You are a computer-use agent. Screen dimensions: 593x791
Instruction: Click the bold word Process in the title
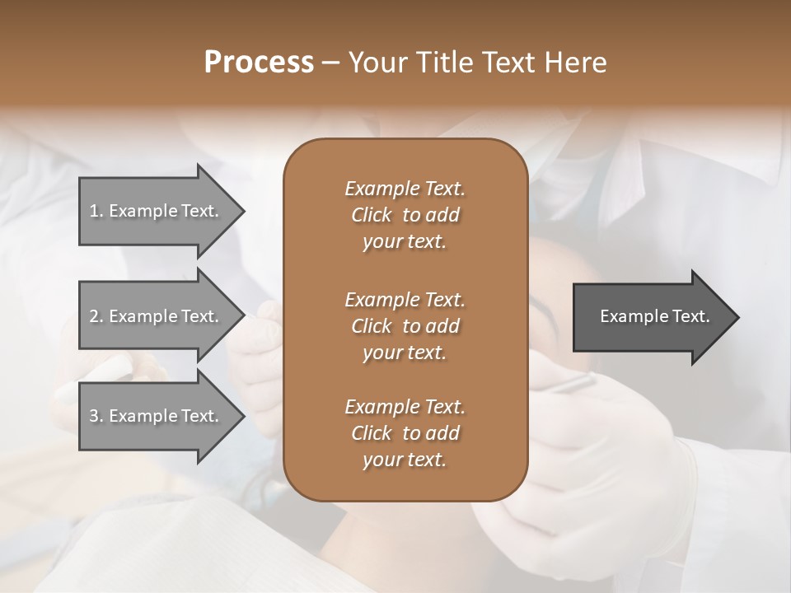pyautogui.click(x=259, y=63)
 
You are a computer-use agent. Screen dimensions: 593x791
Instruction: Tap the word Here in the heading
pyautogui.click(x=574, y=63)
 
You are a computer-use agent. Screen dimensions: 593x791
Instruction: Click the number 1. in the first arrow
pyautogui.click(x=96, y=211)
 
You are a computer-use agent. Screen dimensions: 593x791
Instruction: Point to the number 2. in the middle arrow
pyautogui.click(x=96, y=316)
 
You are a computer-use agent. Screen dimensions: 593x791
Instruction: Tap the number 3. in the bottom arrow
pyautogui.click(x=96, y=416)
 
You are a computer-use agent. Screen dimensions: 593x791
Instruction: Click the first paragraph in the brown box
pyautogui.click(x=405, y=215)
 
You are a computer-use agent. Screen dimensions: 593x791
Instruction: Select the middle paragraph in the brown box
pyautogui.click(x=405, y=326)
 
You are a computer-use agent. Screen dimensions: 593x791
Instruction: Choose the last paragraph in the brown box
pyautogui.click(x=405, y=433)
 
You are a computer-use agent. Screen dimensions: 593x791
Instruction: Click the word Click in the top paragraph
pyautogui.click(x=371, y=216)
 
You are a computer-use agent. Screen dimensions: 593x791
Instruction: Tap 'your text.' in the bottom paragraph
pyautogui.click(x=405, y=460)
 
